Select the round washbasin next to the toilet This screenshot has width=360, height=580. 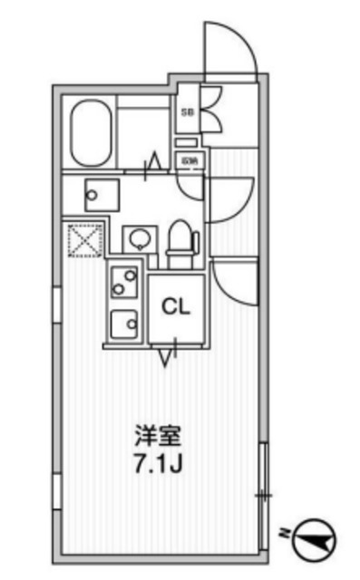(x=138, y=240)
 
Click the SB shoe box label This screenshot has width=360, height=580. (x=188, y=112)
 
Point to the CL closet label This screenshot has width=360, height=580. (x=175, y=306)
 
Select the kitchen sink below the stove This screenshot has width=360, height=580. (x=122, y=322)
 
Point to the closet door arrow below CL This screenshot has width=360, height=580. (x=166, y=356)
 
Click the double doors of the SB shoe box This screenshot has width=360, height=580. (x=208, y=111)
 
